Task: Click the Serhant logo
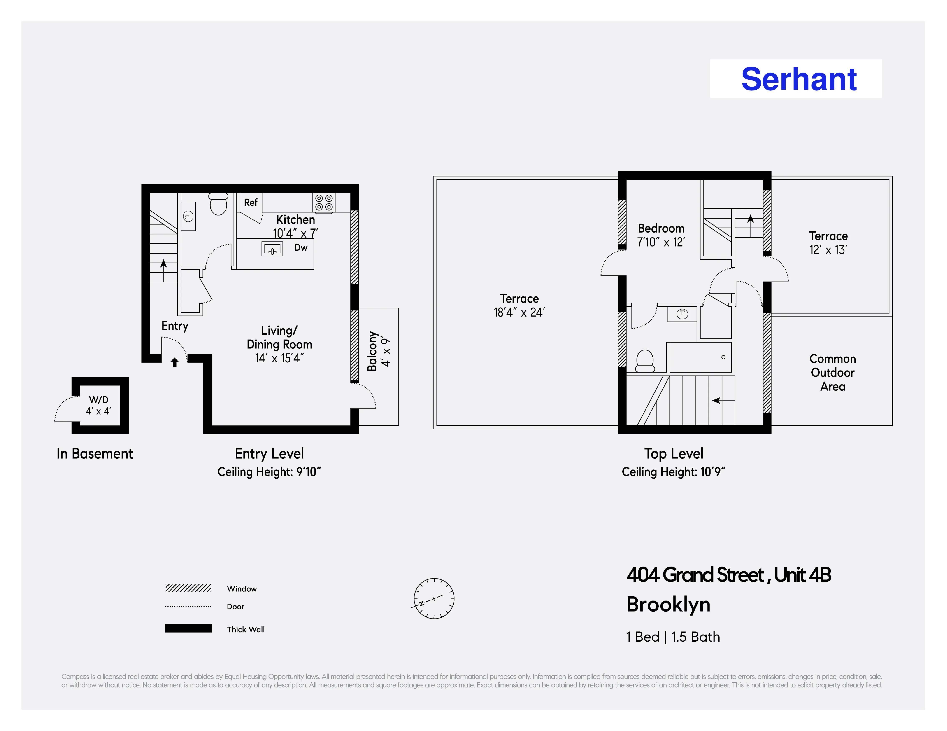coord(799,79)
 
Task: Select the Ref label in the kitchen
coord(251,202)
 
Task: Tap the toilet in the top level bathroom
coord(645,360)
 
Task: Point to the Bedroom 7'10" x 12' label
coord(661,235)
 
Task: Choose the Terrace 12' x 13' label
coord(828,243)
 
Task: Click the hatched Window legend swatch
coord(188,588)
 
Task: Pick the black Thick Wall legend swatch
coord(188,628)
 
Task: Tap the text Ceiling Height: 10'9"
coord(673,472)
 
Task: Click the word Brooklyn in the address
coord(668,605)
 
